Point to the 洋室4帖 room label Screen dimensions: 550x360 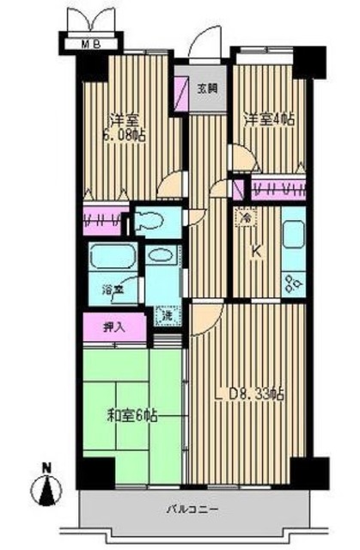click(x=267, y=119)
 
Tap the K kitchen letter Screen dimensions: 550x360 click(x=255, y=251)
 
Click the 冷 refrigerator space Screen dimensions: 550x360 click(x=245, y=219)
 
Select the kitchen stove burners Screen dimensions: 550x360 click(x=293, y=278)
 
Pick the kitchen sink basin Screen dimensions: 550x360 click(x=293, y=236)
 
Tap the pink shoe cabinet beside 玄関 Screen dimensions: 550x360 click(x=182, y=92)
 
